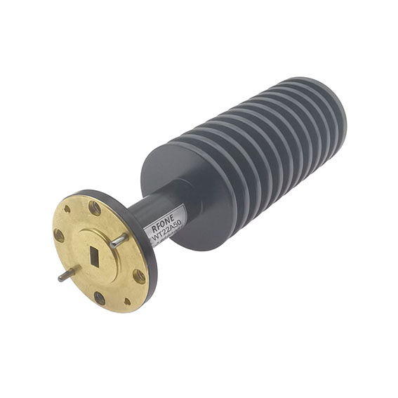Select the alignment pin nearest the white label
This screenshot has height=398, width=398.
[x=119, y=240]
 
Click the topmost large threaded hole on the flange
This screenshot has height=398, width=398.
[x=94, y=208]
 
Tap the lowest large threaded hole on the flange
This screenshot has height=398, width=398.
[x=100, y=298]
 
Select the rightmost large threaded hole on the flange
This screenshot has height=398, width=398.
[x=139, y=276]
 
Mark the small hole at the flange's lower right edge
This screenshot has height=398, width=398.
[x=127, y=302]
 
